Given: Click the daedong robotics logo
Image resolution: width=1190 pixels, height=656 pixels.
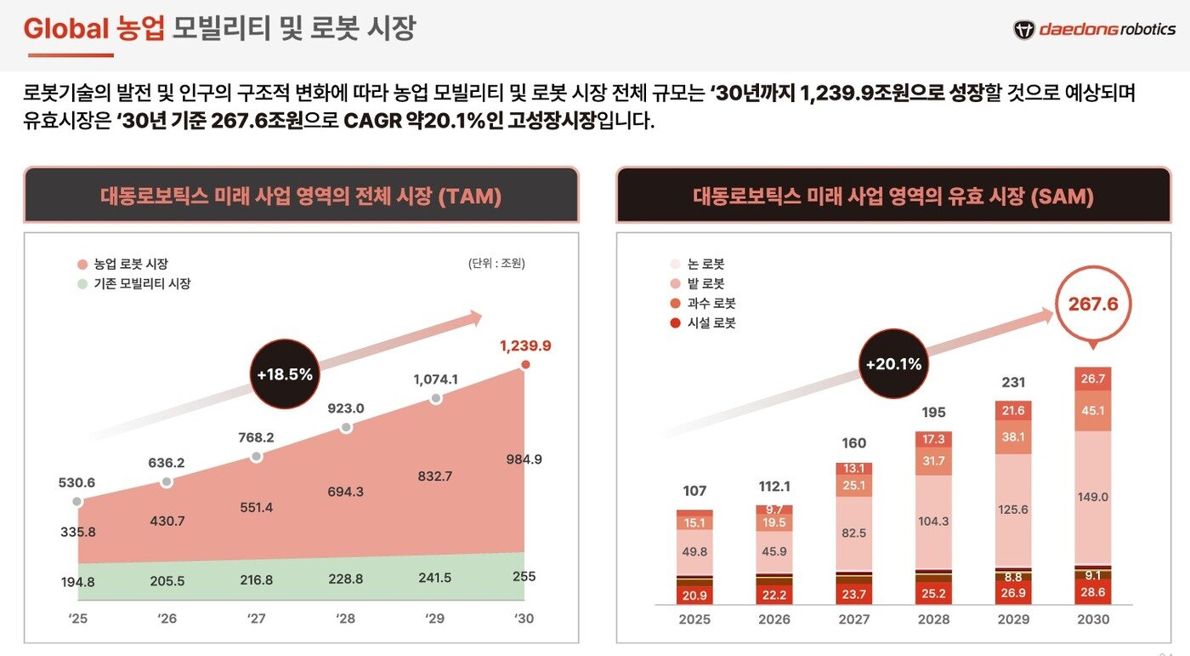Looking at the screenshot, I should (x=1094, y=30).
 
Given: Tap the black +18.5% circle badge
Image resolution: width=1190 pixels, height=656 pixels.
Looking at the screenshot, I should (x=285, y=374).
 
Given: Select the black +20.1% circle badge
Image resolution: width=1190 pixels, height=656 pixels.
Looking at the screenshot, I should (x=893, y=364).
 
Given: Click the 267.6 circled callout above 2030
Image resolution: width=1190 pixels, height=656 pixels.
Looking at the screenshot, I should (x=1093, y=305).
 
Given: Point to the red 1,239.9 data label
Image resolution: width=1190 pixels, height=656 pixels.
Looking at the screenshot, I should (x=525, y=345).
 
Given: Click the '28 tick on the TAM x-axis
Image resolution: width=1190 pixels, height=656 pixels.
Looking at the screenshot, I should (x=345, y=619).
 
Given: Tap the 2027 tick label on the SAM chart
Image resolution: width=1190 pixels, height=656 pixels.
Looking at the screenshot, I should (x=853, y=619).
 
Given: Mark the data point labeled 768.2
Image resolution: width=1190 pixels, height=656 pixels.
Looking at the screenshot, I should (x=256, y=457).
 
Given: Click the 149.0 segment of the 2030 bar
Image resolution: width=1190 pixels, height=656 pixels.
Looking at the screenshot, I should (x=1092, y=497).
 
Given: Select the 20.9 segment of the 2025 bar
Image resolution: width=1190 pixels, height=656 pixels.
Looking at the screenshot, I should (x=694, y=594).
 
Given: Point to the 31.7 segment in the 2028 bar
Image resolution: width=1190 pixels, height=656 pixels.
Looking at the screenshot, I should (x=933, y=461).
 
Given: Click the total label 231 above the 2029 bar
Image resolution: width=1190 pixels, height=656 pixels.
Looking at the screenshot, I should (x=1013, y=383).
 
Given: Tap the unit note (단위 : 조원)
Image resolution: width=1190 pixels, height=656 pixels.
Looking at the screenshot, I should (x=496, y=263).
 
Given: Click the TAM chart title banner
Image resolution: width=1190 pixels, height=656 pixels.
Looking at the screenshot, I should (x=301, y=197).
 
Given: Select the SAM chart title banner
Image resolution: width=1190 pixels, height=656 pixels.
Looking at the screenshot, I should (x=893, y=197).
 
